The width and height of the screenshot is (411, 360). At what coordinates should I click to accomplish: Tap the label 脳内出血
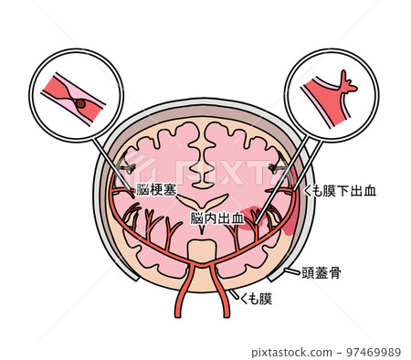coord(217,218)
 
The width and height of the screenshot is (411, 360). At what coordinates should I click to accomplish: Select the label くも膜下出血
coord(342,191)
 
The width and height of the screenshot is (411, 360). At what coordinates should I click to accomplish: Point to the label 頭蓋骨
coord(321,272)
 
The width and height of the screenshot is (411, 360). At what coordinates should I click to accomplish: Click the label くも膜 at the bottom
coord(256,299)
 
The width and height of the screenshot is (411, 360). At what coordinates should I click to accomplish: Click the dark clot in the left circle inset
coord(81,103)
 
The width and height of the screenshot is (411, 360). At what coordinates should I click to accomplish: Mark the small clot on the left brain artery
coord(129,167)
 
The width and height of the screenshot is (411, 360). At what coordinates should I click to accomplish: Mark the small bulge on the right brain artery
coord(279,167)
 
